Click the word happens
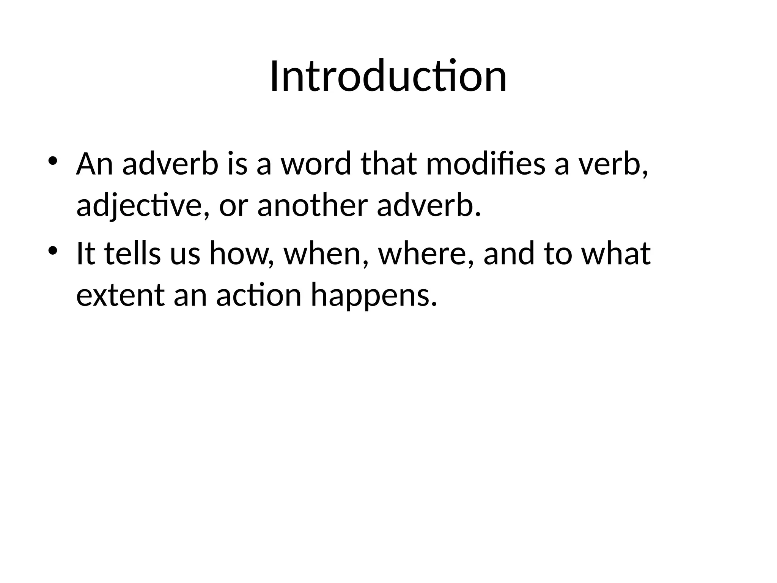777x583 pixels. [x=371, y=296]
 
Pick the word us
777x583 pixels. [x=184, y=254]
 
